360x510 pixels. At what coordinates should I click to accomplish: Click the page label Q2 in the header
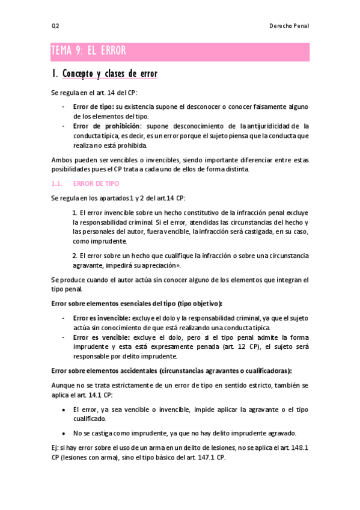pyautogui.click(x=55, y=26)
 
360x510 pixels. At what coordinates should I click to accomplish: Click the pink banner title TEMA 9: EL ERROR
pyautogui.click(x=88, y=51)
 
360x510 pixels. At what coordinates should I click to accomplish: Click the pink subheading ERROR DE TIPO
pyautogui.click(x=96, y=183)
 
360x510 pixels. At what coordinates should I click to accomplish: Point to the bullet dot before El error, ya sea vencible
pyautogui.click(x=64, y=409)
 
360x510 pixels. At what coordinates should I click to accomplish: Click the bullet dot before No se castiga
pyautogui.click(x=64, y=433)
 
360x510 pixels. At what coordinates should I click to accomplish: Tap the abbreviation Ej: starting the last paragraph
pyautogui.click(x=56, y=447)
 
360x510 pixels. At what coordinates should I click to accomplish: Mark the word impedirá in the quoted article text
pyautogui.click(x=120, y=265)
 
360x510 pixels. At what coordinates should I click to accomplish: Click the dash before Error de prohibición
pyautogui.click(x=64, y=126)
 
